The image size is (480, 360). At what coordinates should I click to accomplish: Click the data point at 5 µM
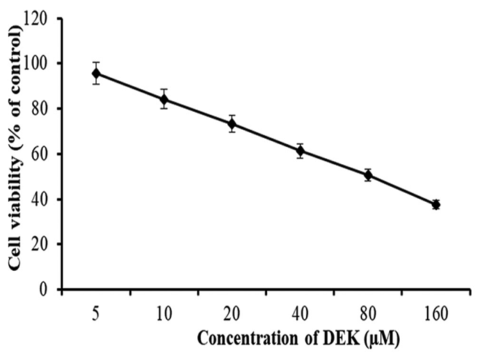point(96,73)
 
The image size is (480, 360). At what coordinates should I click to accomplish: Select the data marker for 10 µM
point(163,99)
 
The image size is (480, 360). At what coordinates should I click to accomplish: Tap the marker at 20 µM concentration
point(232,123)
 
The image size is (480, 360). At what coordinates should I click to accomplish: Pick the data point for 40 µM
point(300,151)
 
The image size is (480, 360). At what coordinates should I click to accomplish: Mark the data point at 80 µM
point(367,175)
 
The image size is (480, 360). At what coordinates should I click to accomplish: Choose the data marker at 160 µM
point(436,204)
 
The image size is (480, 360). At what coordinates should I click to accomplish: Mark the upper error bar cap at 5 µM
point(96,62)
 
